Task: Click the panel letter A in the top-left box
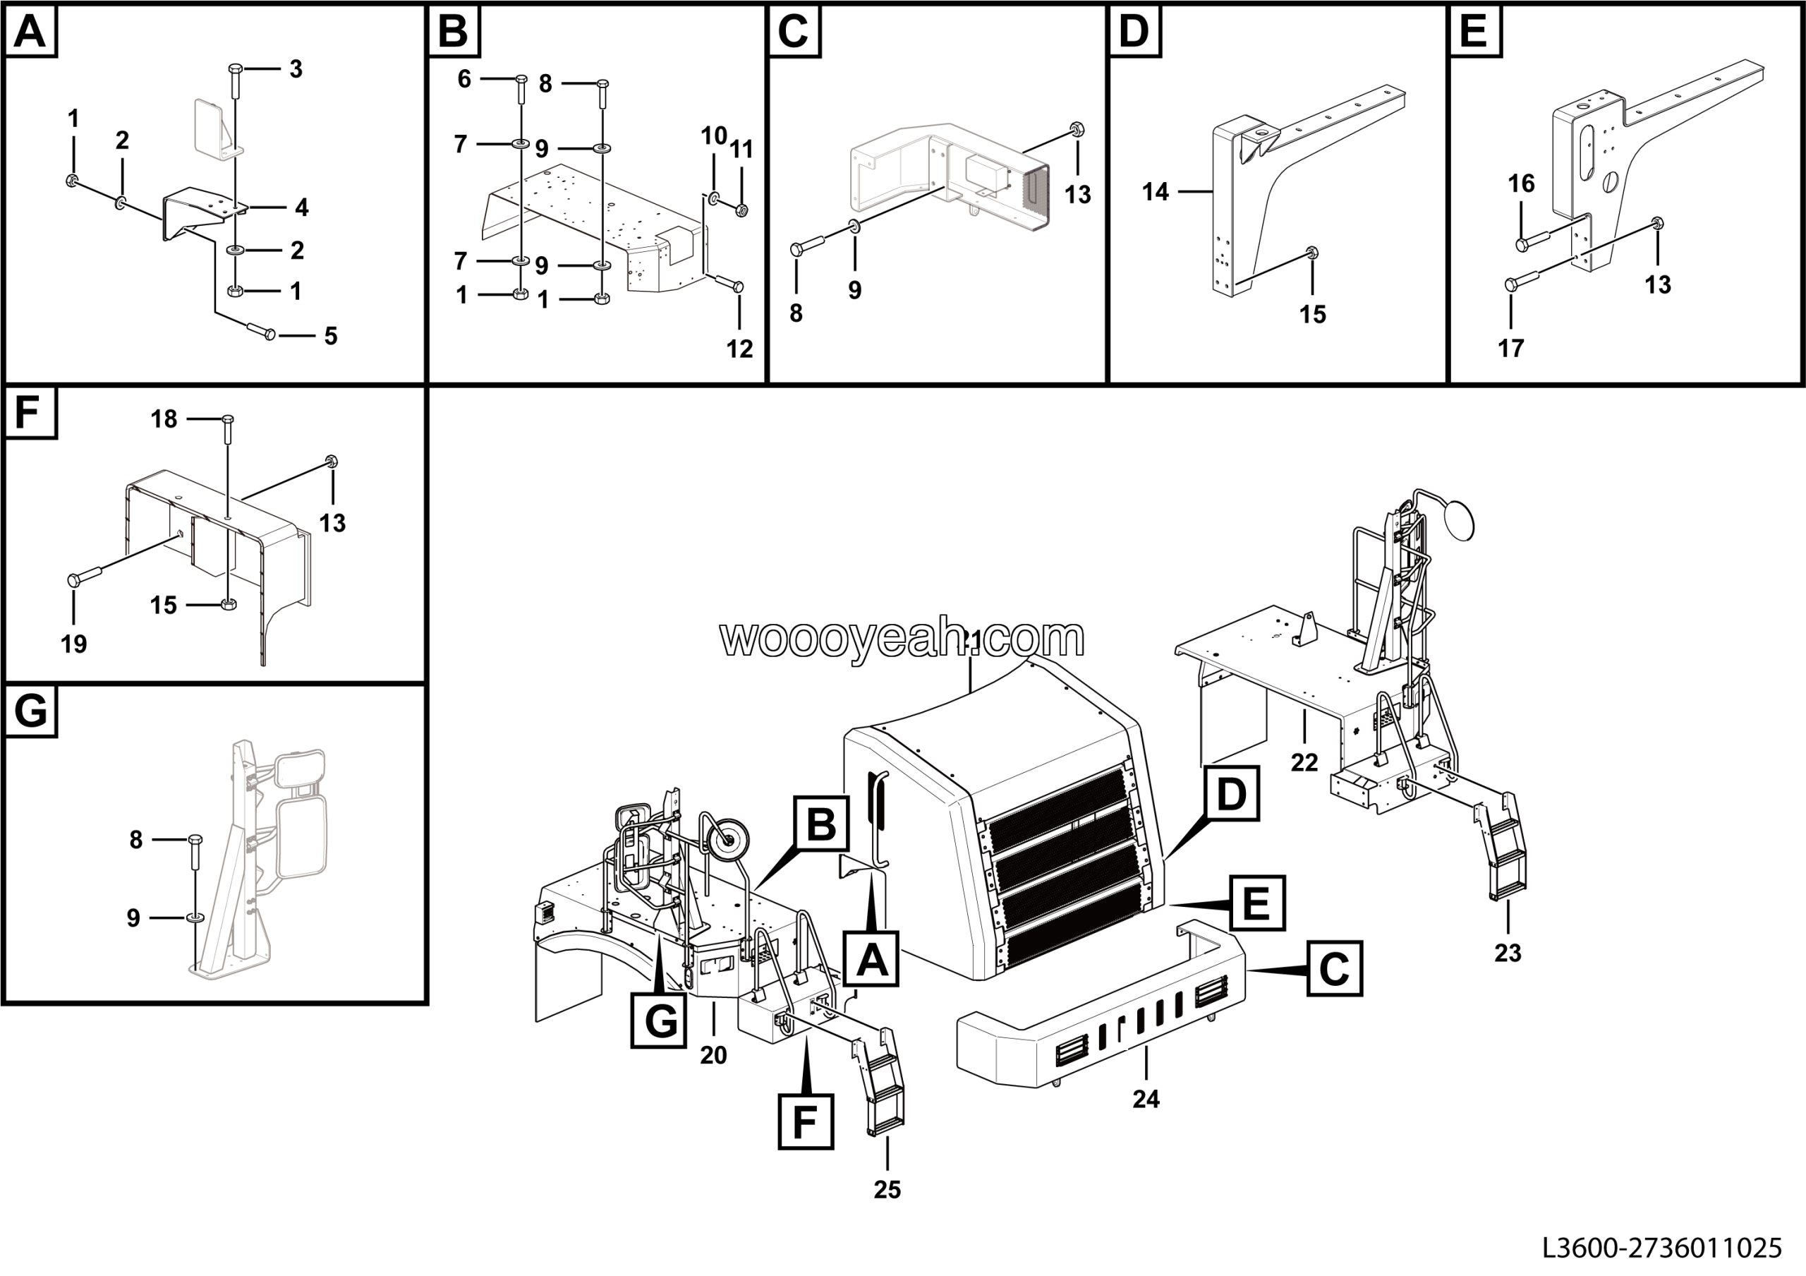[30, 32]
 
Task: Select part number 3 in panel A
[296, 69]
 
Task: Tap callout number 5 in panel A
[330, 336]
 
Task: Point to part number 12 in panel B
[739, 349]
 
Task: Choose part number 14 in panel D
[1155, 191]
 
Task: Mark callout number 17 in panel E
[1510, 348]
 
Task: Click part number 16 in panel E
[1520, 183]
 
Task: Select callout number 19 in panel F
[74, 644]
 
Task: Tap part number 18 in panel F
[164, 419]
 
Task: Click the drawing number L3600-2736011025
[1661, 1248]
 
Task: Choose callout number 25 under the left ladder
[887, 1189]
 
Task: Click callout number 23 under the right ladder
[1507, 953]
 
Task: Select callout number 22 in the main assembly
[1304, 762]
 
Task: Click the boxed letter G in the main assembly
[660, 1021]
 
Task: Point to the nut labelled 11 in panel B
[741, 210]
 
